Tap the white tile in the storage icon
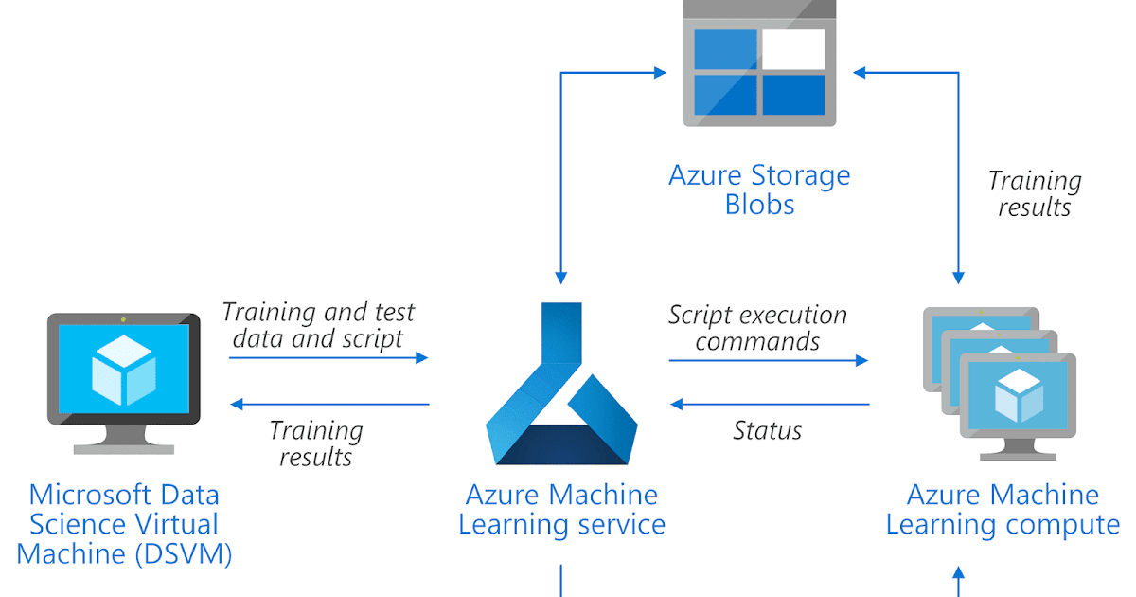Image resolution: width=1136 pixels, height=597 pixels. click(792, 49)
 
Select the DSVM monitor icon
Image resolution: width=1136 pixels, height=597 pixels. click(124, 380)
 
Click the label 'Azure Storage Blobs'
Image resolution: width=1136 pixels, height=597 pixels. click(760, 190)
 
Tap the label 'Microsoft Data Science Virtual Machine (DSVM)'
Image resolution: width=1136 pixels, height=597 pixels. click(124, 524)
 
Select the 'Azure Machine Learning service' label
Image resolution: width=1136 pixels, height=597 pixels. click(561, 510)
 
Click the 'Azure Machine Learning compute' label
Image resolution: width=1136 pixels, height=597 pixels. click(1003, 510)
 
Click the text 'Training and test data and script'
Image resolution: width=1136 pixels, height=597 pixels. click(319, 325)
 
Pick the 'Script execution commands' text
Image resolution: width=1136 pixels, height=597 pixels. click(757, 328)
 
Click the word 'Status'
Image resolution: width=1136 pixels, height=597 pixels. click(767, 431)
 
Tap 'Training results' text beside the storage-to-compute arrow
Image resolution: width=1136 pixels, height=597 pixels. click(1034, 193)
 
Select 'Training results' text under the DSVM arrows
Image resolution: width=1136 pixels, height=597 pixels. click(315, 443)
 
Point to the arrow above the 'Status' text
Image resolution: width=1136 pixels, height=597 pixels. click(769, 405)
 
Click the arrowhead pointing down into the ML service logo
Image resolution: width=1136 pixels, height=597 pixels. click(561, 277)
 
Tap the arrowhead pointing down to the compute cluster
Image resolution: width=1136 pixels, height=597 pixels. click(958, 277)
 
